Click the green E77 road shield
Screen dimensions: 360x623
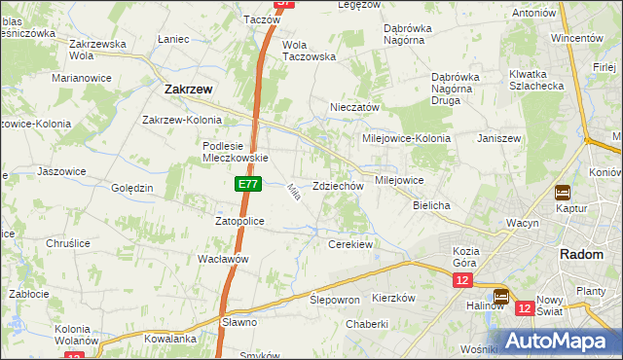(x=247, y=183)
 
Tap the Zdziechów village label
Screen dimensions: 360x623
(x=339, y=186)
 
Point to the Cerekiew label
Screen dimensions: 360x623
(x=350, y=244)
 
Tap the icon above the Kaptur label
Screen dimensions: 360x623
(x=563, y=193)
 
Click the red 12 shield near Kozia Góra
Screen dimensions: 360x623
(x=462, y=280)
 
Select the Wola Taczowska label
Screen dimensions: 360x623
(x=309, y=51)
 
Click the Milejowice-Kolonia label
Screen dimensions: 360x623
(x=407, y=138)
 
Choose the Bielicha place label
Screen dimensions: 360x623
(x=431, y=206)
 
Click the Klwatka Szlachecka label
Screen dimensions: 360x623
(x=536, y=80)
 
